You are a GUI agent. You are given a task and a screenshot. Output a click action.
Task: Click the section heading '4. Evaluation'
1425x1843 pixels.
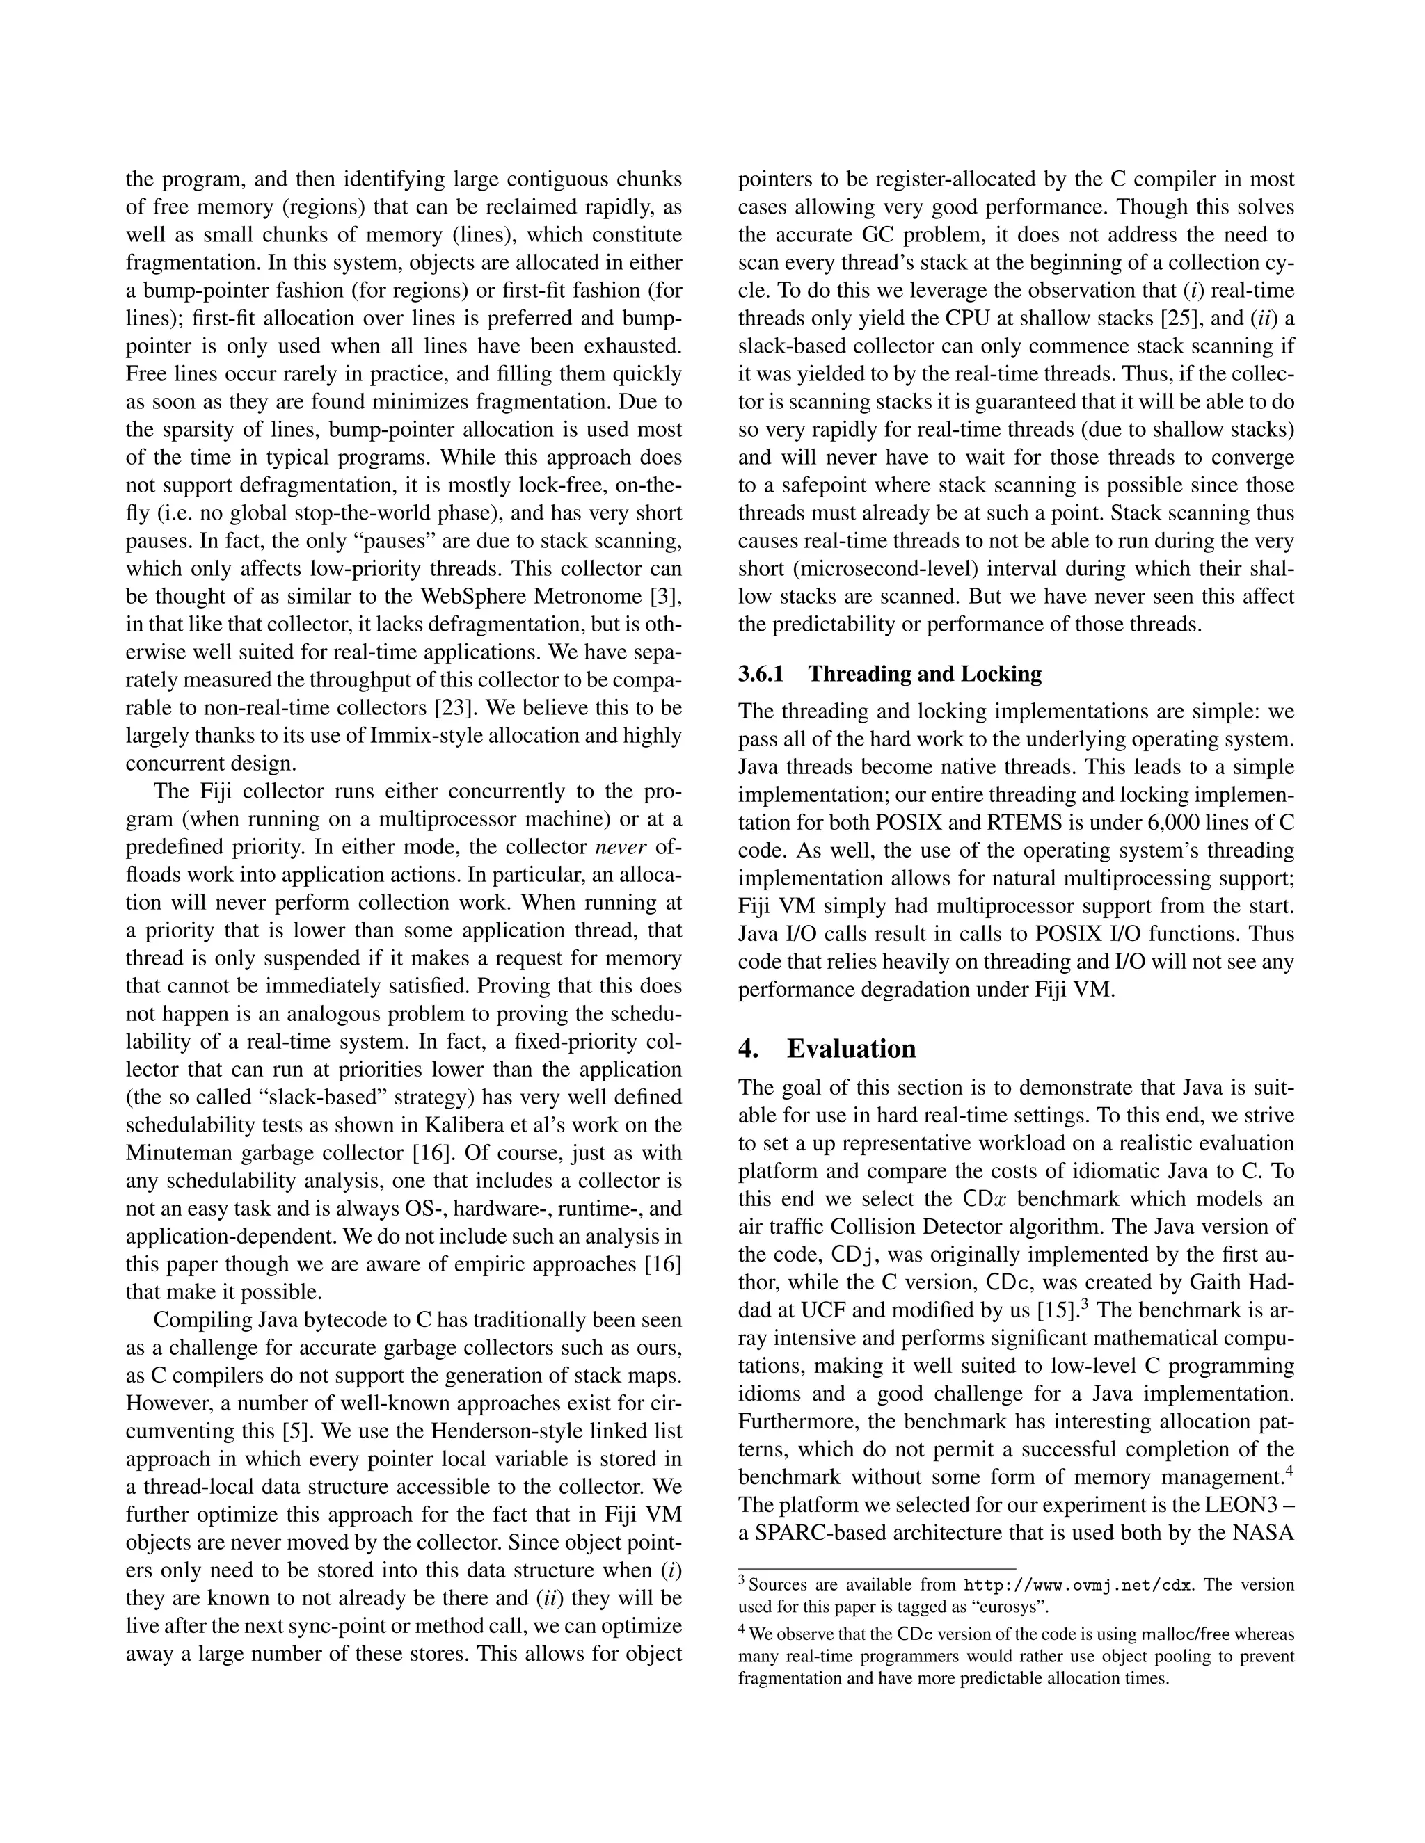coord(827,1049)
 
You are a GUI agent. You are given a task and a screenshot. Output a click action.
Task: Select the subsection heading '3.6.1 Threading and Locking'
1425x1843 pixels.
coord(890,673)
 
